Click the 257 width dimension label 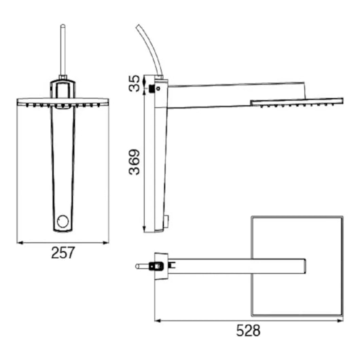coord(63,253)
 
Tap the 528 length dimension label coord(248,331)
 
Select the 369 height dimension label coord(134,162)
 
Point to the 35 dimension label coord(134,84)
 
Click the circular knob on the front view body coord(62,221)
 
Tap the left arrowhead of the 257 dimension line coord(20,242)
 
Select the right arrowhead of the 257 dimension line coord(105,242)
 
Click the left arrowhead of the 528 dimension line coord(158,321)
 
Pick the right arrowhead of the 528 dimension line coord(340,321)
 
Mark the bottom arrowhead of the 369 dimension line coord(144,229)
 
